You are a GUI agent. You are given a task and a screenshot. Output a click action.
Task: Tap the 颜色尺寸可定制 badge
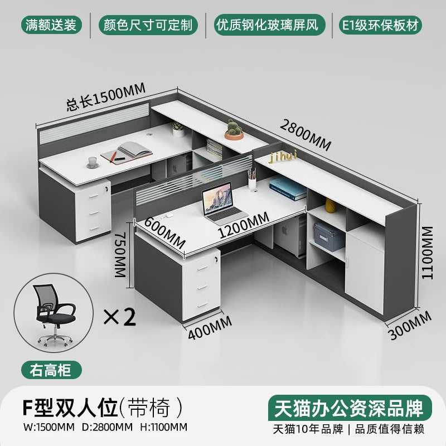click(148, 25)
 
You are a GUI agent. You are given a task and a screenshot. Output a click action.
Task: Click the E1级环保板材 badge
click(382, 25)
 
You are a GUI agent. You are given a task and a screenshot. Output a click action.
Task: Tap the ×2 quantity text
click(120, 317)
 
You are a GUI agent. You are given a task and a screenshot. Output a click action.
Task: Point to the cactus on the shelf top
click(234, 129)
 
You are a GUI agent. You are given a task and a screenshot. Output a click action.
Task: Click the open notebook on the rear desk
click(129, 150)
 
